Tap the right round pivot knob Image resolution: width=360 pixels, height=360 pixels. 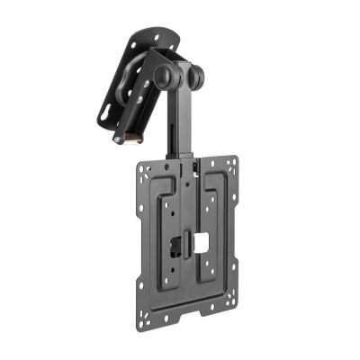click(193, 75)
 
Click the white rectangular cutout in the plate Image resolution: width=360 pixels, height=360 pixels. click(202, 242)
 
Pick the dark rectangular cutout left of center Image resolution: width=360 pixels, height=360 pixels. click(170, 243)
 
